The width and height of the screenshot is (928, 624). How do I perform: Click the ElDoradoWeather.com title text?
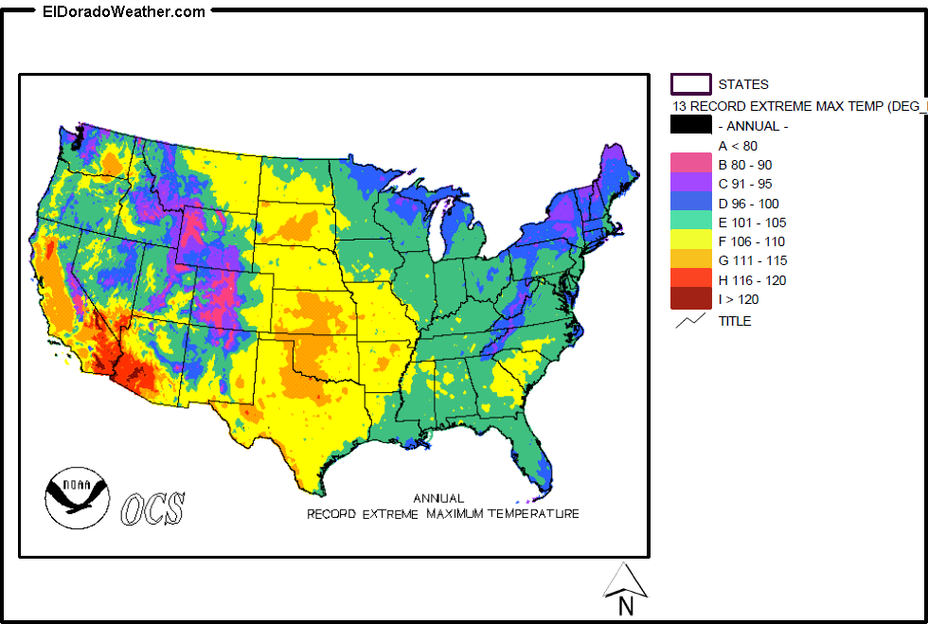pyautogui.click(x=123, y=12)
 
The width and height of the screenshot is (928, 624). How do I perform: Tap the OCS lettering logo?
pyautogui.click(x=152, y=508)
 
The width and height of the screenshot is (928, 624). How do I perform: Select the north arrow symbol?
pyautogui.click(x=625, y=588)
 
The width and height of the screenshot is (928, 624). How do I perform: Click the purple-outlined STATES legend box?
pyautogui.click(x=690, y=84)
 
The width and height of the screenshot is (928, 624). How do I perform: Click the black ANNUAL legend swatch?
pyautogui.click(x=690, y=125)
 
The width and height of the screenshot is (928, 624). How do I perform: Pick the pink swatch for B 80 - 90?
pyautogui.click(x=690, y=164)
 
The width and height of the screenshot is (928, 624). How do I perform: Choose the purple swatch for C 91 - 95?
pyautogui.click(x=690, y=184)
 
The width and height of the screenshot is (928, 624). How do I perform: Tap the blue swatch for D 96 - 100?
pyautogui.click(x=690, y=203)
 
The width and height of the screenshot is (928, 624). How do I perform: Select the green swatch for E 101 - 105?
pyautogui.click(x=690, y=222)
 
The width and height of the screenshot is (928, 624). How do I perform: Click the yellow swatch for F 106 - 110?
pyautogui.click(x=690, y=241)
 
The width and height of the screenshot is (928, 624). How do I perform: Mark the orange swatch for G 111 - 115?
pyautogui.click(x=690, y=260)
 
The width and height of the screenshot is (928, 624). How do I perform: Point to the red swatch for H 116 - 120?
pyautogui.click(x=690, y=279)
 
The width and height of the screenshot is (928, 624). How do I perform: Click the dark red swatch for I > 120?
pyautogui.click(x=690, y=299)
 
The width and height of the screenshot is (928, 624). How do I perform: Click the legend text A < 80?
pyautogui.click(x=738, y=146)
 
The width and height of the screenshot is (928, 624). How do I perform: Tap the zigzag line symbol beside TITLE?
pyautogui.click(x=690, y=320)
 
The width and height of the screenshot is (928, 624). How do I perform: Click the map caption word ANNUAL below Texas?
pyautogui.click(x=438, y=498)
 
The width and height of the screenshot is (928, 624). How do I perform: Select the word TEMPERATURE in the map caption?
pyautogui.click(x=532, y=513)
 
